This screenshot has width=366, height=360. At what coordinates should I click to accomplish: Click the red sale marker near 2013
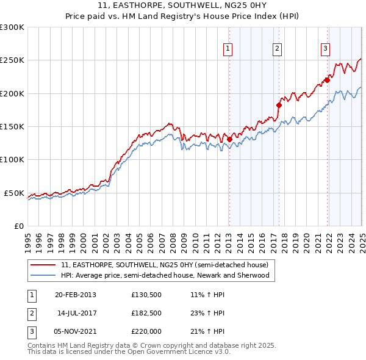229,139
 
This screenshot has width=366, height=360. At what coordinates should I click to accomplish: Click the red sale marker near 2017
279,105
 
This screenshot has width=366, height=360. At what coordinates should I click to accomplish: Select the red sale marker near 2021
328,80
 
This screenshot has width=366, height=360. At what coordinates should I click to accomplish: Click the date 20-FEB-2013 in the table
75,295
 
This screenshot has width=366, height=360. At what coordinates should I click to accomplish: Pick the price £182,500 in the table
146,313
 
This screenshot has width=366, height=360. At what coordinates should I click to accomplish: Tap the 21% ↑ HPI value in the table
207,331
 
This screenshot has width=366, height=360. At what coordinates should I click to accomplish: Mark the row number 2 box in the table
31,313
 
